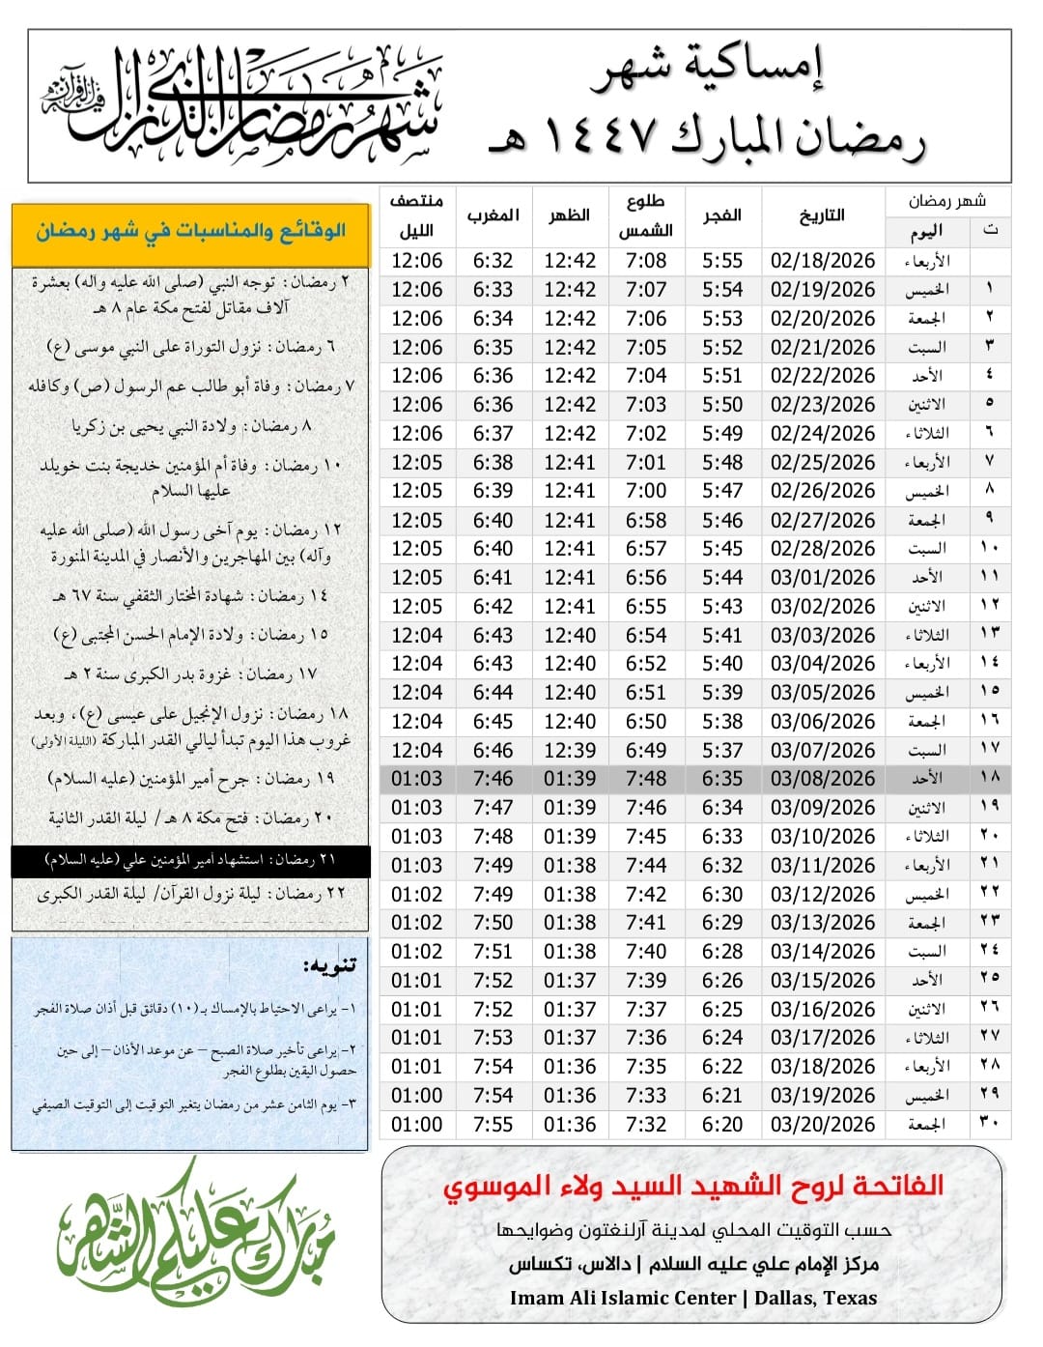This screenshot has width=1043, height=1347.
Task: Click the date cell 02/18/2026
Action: coord(822,261)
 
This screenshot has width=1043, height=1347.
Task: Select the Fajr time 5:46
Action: coord(722,520)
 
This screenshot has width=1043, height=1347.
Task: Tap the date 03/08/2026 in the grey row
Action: coord(822,779)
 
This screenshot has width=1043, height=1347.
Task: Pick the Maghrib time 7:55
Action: coord(493,1125)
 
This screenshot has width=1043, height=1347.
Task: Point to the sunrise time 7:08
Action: coord(645,261)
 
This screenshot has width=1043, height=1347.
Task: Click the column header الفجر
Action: coord(722,215)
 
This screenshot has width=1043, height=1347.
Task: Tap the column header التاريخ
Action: coord(822,215)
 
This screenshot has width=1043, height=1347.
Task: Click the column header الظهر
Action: coord(570,215)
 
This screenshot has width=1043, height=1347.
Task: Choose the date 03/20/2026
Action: coord(822,1125)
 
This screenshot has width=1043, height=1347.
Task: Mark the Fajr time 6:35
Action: coord(722,779)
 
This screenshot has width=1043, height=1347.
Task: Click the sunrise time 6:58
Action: coord(645,520)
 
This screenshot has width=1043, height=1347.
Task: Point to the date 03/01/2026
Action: coord(822,578)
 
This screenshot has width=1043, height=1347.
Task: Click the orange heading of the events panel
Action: coord(190,232)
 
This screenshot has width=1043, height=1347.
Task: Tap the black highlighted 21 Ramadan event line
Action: coord(190,860)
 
